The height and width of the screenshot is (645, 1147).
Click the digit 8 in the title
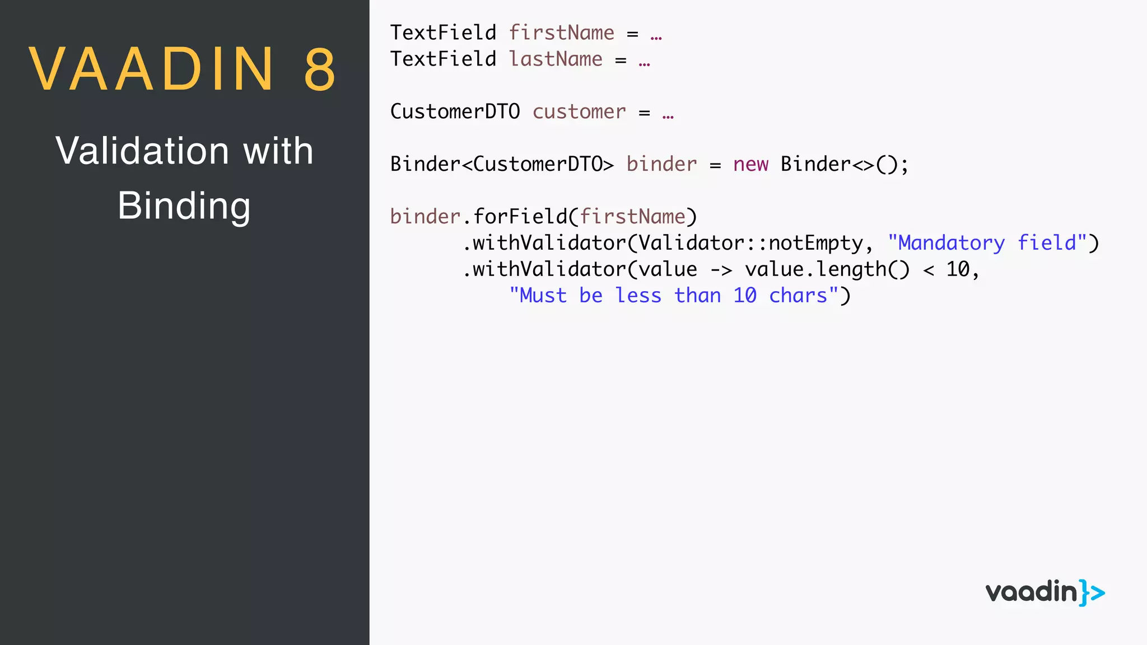(x=320, y=69)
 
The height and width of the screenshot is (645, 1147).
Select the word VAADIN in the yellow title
(x=152, y=69)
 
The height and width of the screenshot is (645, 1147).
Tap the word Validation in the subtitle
(x=142, y=151)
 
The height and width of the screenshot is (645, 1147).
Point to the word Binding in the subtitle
(x=184, y=206)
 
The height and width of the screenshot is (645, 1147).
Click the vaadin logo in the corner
(x=1045, y=592)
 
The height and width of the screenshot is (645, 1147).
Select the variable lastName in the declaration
(x=556, y=59)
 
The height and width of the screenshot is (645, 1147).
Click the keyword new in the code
(x=750, y=165)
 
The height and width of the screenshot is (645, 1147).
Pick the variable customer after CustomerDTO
(x=579, y=112)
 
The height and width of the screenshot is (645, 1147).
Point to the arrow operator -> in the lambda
(x=721, y=270)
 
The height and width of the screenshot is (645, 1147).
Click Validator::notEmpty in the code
(x=750, y=244)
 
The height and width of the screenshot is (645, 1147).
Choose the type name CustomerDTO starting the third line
(x=455, y=112)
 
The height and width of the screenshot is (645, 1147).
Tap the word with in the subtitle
(x=278, y=151)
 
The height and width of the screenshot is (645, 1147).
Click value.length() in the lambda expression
(x=827, y=270)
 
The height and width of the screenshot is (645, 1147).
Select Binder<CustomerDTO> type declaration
(x=502, y=165)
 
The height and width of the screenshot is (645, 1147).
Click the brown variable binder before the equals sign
(x=661, y=165)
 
